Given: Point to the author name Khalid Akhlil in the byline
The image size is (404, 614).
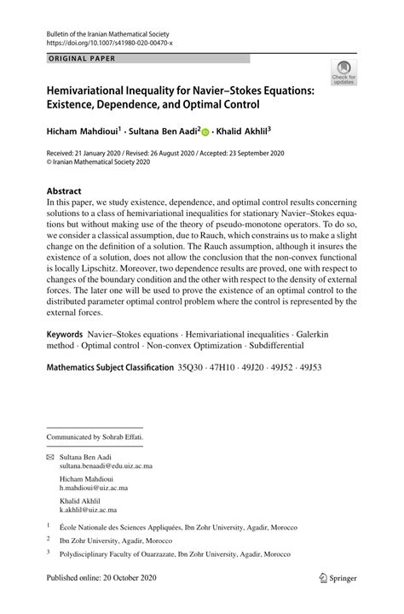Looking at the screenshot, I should (x=244, y=132).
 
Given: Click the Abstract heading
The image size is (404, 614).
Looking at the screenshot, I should (x=64, y=191).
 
